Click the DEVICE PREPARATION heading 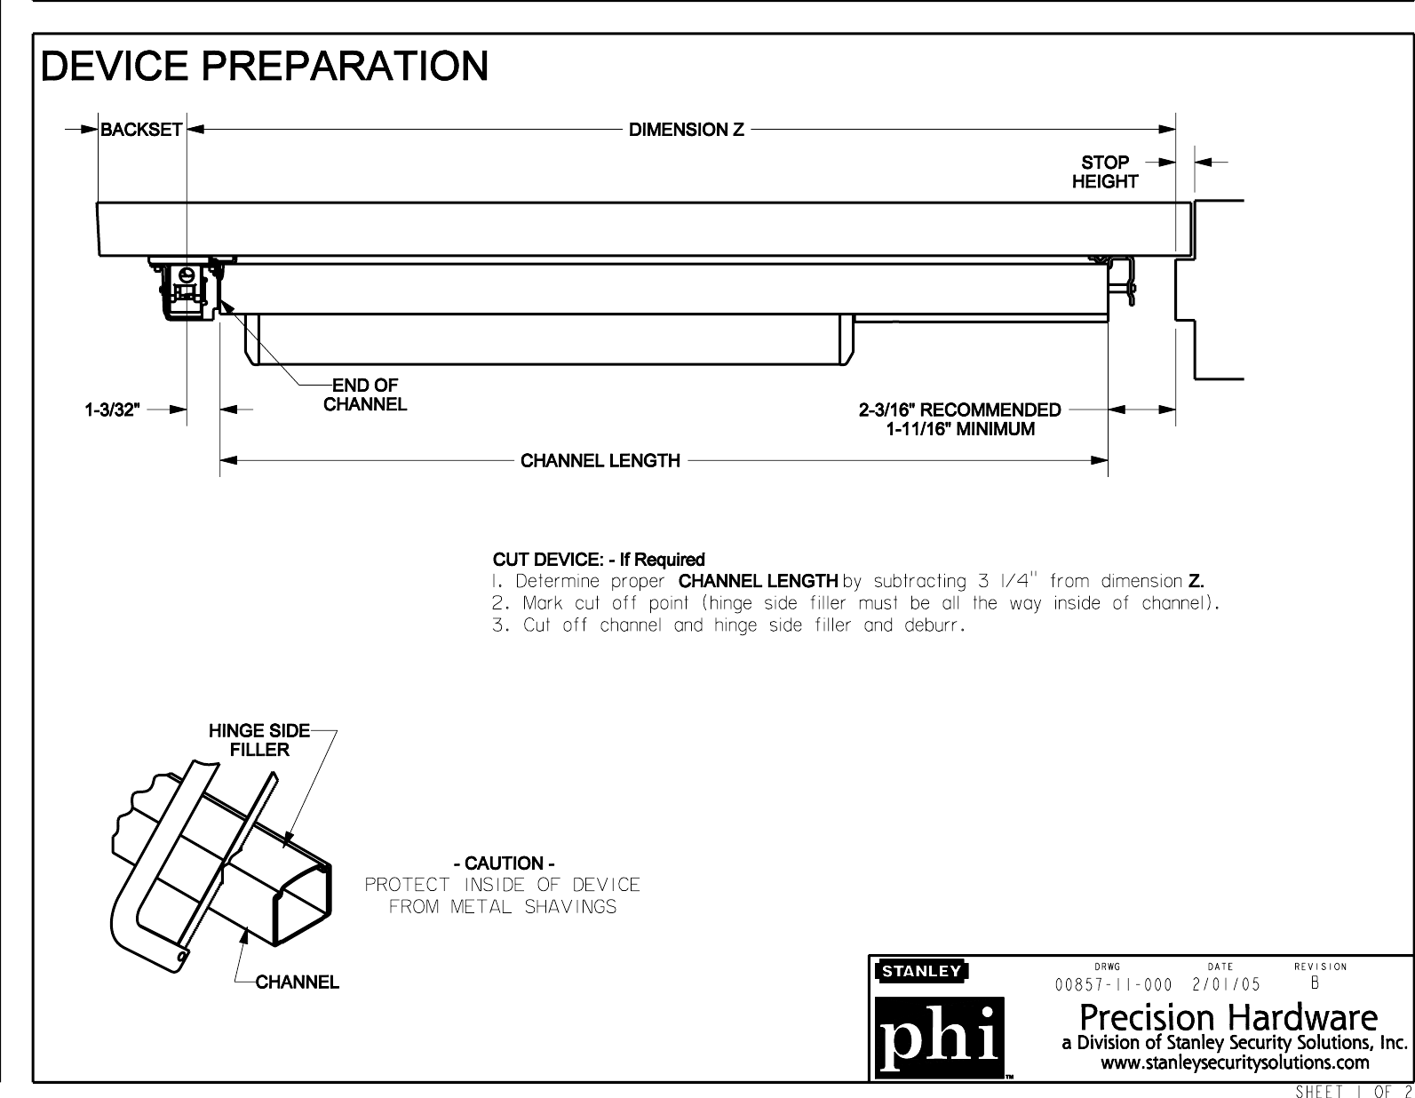(x=266, y=66)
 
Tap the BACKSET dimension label (x=141, y=130)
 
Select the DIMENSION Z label (x=687, y=130)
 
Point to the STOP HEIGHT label (x=1104, y=172)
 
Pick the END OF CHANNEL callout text (x=364, y=395)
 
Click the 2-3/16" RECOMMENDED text (x=959, y=410)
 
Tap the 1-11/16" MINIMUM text (x=960, y=429)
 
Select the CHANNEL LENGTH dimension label (x=600, y=461)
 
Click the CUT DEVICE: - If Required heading (x=599, y=560)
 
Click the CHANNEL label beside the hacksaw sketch (x=297, y=983)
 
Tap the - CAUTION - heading (x=504, y=863)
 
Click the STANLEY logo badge (x=921, y=971)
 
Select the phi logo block (x=940, y=1038)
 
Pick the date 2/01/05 (x=1226, y=984)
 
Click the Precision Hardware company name (x=1228, y=1016)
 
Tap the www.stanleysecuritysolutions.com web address (x=1235, y=1062)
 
